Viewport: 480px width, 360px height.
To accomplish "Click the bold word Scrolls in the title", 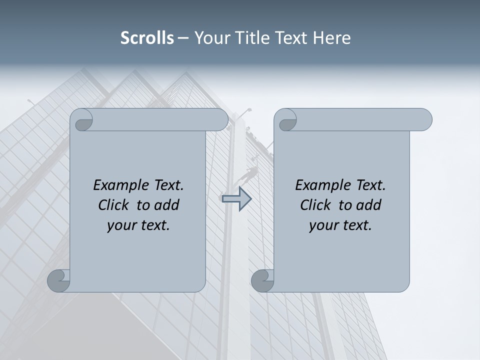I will pyautogui.click(x=147, y=38).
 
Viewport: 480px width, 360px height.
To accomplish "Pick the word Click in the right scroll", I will pyautogui.click(x=316, y=205).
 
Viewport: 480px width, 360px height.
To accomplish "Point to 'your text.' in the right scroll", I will pyautogui.click(x=340, y=225).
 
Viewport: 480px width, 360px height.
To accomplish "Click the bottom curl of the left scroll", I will pyautogui.click(x=59, y=280).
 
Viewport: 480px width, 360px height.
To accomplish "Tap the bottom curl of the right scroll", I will pyautogui.click(x=262, y=280).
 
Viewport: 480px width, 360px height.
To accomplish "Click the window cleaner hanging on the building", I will pyautogui.click(x=250, y=173).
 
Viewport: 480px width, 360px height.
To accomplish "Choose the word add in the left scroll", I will pyautogui.click(x=166, y=205).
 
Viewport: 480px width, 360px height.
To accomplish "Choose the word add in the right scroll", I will pyautogui.click(x=368, y=205).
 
